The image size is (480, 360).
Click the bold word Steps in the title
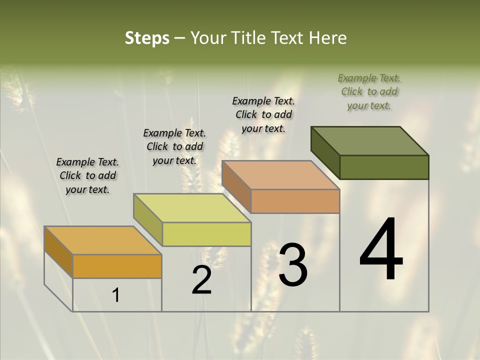click(147, 38)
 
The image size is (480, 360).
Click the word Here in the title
click(327, 38)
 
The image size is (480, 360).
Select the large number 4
click(381, 250)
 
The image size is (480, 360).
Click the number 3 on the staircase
click(292, 265)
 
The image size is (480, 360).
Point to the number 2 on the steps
click(201, 280)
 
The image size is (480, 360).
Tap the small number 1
click(116, 295)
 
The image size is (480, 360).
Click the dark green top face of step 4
click(370, 140)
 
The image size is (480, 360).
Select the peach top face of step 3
click(280, 175)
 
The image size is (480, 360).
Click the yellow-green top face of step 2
click(192, 208)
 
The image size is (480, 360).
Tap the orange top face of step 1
click(103, 240)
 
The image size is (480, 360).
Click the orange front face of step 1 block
click(117, 266)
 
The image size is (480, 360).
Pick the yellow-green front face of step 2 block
click(206, 234)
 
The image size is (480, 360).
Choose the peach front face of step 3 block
click(295, 201)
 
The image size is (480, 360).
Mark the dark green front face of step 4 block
click(384, 167)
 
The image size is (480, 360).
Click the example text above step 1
click(87, 175)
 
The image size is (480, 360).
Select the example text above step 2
click(174, 146)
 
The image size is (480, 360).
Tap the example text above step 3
click(263, 114)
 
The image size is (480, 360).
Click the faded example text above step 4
click(369, 91)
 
